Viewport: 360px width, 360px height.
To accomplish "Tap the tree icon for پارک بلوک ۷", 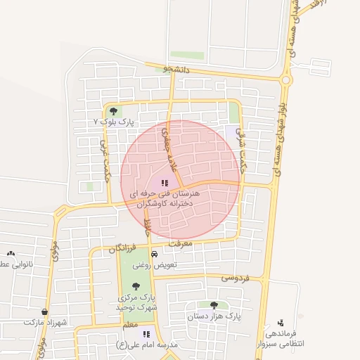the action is coord(113,110).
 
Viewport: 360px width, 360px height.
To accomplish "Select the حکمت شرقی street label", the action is coord(243,146).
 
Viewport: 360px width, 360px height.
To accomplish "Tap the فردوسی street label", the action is coord(237,277).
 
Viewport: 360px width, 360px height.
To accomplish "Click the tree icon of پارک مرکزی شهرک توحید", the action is coord(136,286).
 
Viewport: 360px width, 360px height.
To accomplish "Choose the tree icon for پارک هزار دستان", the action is coord(214,305).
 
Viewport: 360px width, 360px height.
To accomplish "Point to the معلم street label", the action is coord(130,326).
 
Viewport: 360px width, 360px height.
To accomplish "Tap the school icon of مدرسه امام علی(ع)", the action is coord(146,334).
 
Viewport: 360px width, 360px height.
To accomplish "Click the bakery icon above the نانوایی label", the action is coord(11,253).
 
